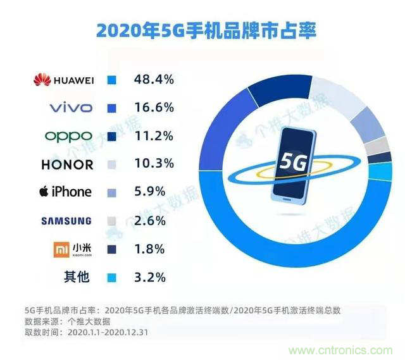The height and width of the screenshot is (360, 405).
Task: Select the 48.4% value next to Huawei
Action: click(x=153, y=80)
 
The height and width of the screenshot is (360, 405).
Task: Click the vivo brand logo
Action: click(x=70, y=108)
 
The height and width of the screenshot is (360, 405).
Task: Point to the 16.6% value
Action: click(x=153, y=108)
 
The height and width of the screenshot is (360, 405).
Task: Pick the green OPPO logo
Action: click(x=68, y=136)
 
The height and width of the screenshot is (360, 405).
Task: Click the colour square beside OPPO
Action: click(x=112, y=136)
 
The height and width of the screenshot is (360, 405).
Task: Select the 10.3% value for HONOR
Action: click(x=153, y=164)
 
